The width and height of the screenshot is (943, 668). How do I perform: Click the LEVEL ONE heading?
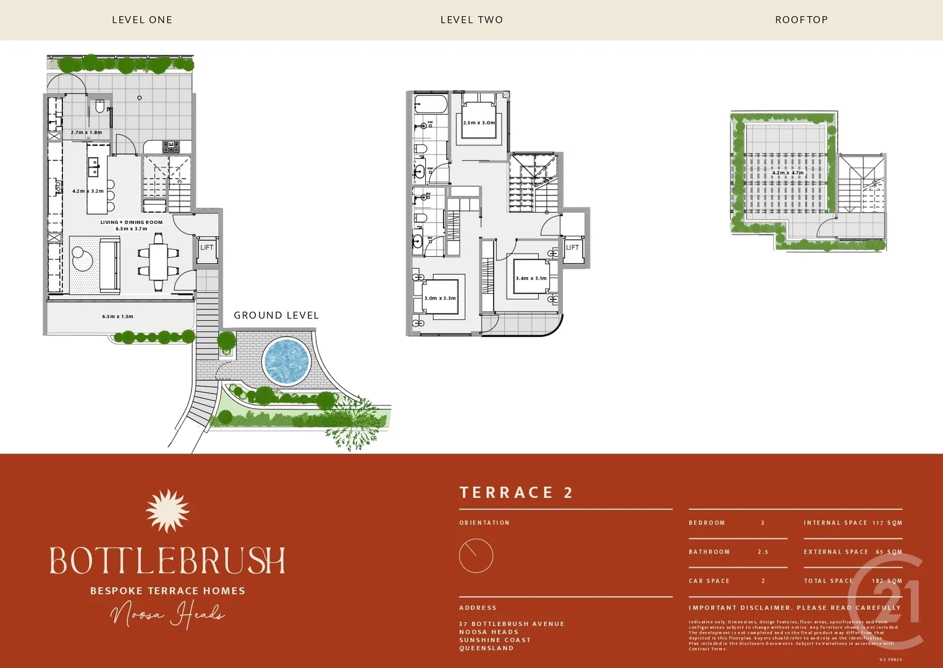pos(142,20)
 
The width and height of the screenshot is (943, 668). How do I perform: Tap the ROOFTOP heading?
pos(801,20)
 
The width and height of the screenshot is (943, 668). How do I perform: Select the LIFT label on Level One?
pos(206,247)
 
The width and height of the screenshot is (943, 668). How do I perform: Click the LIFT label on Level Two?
pos(572,247)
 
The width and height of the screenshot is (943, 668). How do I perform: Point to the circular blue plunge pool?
pos(286,361)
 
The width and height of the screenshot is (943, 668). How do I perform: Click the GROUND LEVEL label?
pos(276,315)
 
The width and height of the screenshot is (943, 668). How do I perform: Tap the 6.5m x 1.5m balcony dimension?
pos(117,317)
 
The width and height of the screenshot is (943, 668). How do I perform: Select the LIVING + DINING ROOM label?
pos(132,222)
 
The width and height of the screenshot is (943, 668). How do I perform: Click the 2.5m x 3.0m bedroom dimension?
pos(479,122)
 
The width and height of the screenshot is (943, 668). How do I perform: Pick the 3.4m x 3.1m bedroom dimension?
pos(531,278)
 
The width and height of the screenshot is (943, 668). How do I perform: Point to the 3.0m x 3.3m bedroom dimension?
pos(440,298)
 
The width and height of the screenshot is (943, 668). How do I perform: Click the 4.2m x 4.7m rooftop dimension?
pos(788,173)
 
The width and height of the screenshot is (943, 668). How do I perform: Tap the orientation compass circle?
pos(476,555)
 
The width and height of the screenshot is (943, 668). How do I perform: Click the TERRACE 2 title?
pos(516,492)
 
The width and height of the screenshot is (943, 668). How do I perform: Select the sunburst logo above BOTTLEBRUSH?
pos(167,511)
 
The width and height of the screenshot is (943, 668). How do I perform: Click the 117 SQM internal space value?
pos(887,523)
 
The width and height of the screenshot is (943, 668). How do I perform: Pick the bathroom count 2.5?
pos(763,552)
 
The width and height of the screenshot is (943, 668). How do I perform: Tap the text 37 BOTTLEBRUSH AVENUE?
pos(512,623)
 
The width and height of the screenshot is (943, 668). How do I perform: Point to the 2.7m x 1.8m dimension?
pos(87,132)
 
